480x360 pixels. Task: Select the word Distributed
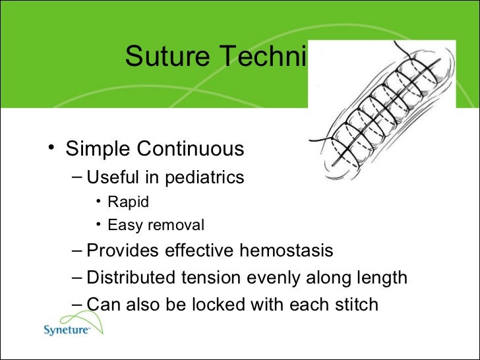point(130,278)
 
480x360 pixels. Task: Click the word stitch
point(355,305)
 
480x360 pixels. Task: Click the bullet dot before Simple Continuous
point(51,148)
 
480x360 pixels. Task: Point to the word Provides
point(119,251)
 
